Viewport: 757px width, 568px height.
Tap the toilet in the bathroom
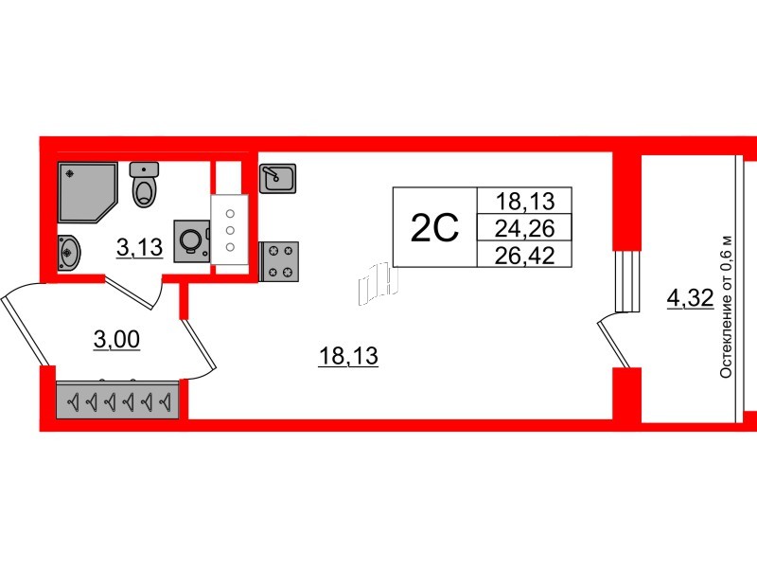145,185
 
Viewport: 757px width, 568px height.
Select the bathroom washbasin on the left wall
68,252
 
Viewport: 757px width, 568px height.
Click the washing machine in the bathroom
192,241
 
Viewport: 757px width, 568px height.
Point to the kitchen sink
277,178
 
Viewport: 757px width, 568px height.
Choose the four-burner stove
279,261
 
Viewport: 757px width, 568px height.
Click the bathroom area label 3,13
139,248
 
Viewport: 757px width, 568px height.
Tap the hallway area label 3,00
116,340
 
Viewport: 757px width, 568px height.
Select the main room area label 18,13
348,357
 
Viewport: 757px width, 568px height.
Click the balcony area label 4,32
690,298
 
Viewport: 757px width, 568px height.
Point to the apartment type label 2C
434,228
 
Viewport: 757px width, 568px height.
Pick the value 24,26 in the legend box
525,228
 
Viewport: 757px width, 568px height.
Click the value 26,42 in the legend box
525,255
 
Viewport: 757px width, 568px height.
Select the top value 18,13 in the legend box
525,201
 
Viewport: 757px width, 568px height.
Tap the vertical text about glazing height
726,307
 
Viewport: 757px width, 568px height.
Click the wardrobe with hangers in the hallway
117,400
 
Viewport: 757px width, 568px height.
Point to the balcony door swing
613,341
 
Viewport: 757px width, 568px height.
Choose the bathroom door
133,293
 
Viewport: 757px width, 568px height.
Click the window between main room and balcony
626,281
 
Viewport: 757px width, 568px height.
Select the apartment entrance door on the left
25,324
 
